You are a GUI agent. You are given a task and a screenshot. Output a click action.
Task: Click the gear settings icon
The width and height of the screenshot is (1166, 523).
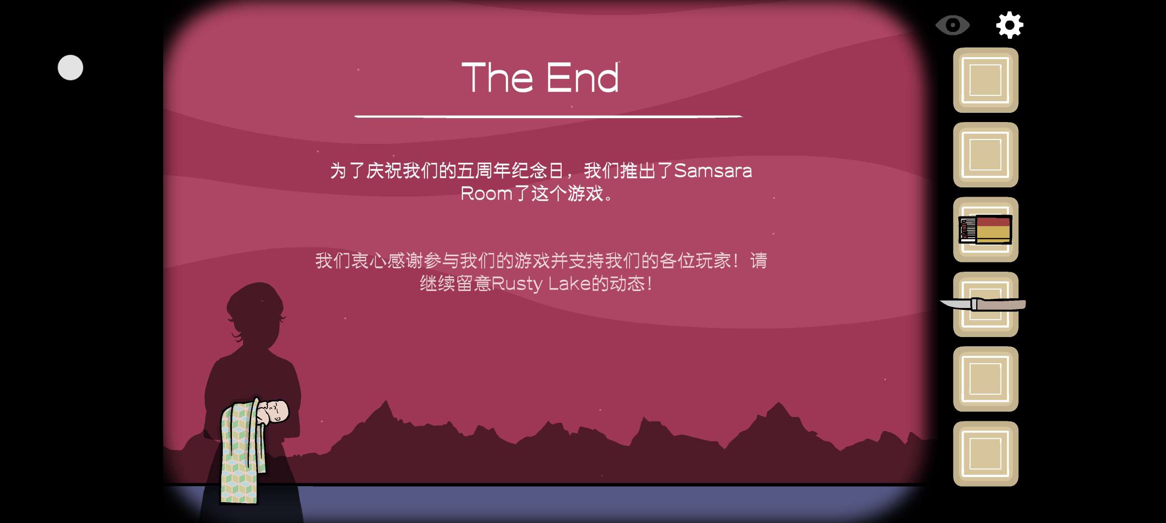click(1010, 25)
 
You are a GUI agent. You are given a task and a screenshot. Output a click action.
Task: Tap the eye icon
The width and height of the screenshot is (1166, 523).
click(952, 25)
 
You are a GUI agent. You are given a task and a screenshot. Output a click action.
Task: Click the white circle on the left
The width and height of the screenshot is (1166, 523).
click(70, 67)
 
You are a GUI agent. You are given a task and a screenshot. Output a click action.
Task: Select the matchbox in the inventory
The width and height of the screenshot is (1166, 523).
click(985, 229)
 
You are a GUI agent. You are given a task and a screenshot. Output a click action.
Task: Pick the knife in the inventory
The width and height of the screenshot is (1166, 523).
click(982, 304)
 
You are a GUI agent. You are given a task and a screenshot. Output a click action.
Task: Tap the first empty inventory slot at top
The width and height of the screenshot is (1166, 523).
click(985, 80)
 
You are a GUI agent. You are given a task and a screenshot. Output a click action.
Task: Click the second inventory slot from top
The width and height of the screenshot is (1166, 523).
click(985, 154)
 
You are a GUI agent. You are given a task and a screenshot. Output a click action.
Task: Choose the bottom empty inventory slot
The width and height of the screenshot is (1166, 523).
click(985, 454)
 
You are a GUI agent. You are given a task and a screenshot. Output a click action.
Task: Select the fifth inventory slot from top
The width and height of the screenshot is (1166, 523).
click(985, 379)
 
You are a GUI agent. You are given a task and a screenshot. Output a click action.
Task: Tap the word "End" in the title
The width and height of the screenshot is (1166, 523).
click(583, 77)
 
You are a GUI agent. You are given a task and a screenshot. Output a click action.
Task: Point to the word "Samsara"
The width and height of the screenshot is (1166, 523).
click(713, 170)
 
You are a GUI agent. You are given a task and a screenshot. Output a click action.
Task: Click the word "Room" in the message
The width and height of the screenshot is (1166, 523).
click(486, 193)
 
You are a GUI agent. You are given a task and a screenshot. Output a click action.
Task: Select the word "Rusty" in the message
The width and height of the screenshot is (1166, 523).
click(516, 284)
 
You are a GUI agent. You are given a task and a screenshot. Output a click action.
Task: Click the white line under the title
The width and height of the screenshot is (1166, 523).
click(548, 116)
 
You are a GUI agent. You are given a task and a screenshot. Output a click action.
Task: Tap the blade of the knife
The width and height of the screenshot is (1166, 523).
click(956, 304)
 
